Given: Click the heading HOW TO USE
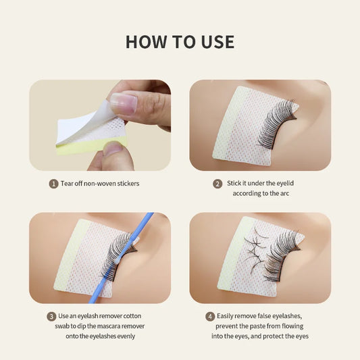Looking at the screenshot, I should click(180, 42).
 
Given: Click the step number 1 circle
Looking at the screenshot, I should click(54, 183).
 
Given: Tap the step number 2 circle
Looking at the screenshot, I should click(217, 183).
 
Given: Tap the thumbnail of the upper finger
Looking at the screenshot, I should click(124, 102).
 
